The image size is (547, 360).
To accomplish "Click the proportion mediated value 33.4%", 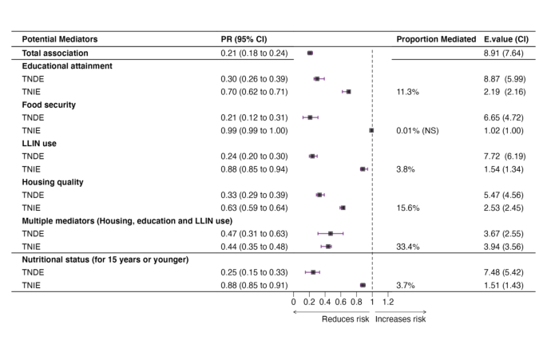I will (x=408, y=247).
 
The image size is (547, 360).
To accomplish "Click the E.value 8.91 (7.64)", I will (x=501, y=53).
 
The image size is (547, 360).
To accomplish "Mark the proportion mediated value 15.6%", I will (x=408, y=208).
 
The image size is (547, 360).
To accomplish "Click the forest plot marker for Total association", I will (x=310, y=53).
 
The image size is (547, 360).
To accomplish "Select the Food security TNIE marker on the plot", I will (x=371, y=130).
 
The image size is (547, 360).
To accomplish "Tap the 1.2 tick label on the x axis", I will (x=387, y=302).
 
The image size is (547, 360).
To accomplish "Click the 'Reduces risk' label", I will (x=345, y=319).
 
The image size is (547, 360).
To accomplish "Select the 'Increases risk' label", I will (x=400, y=319).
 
